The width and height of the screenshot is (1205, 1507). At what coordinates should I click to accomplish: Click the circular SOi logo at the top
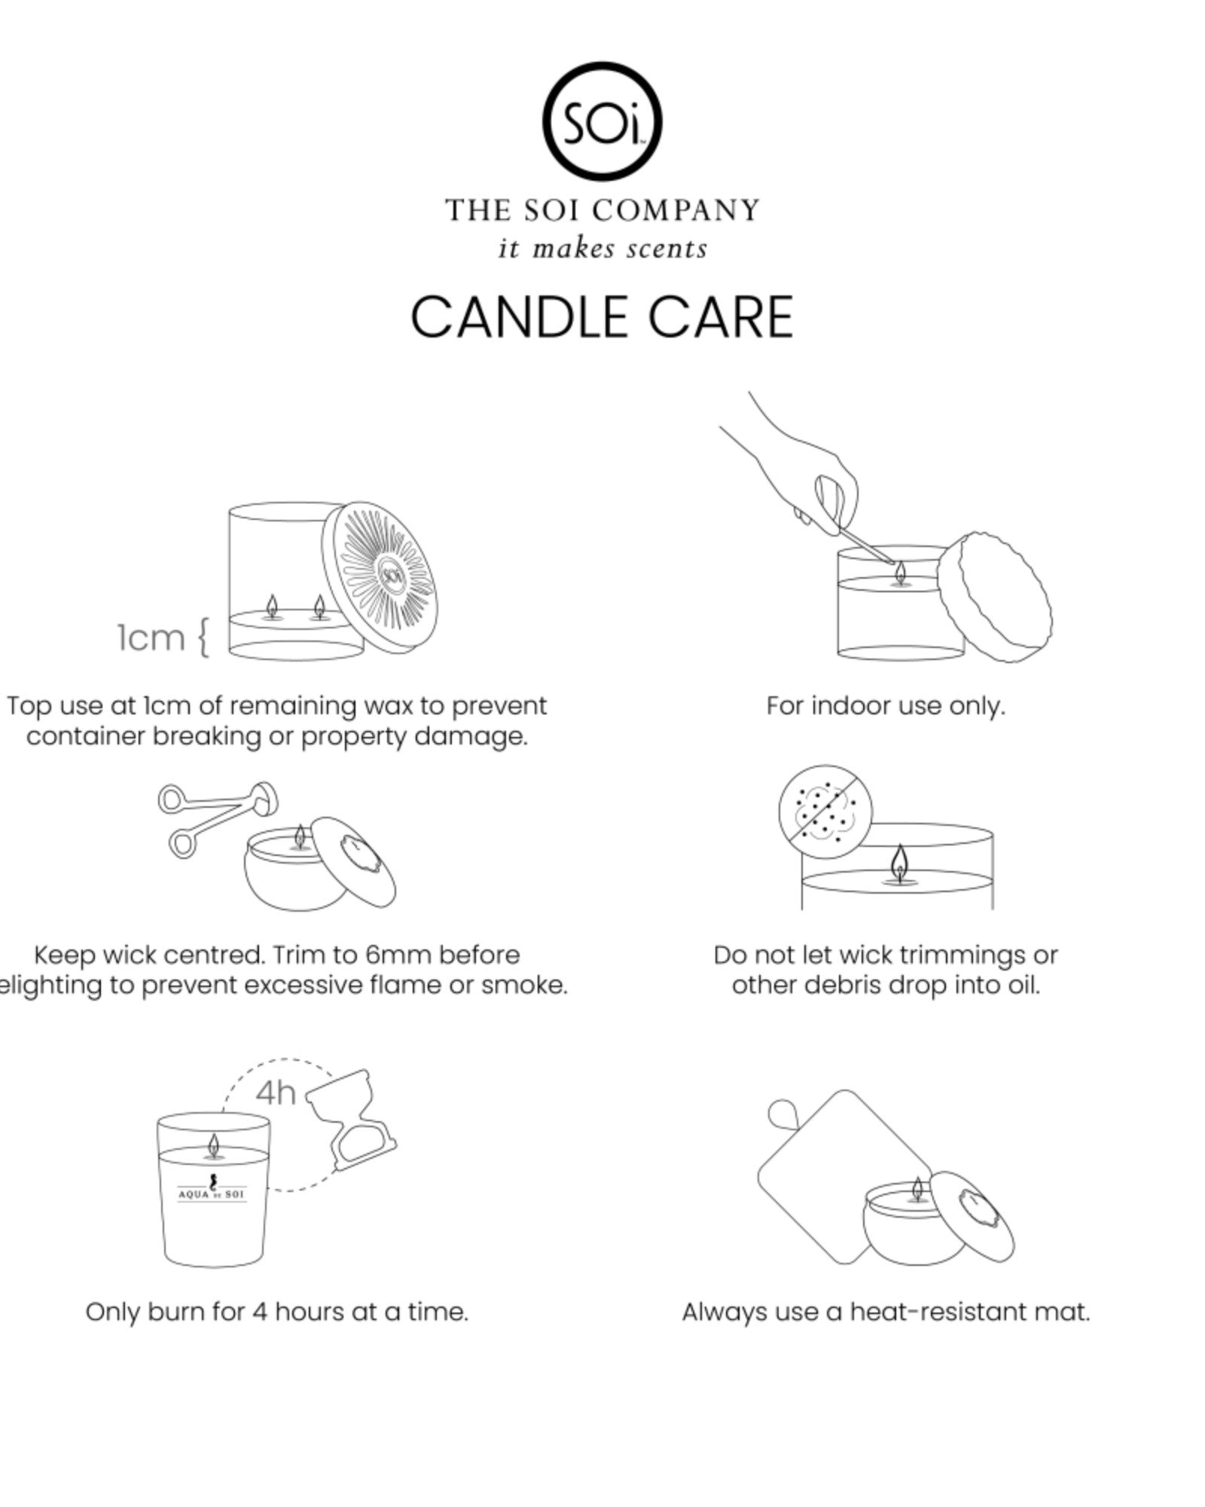tap(602, 121)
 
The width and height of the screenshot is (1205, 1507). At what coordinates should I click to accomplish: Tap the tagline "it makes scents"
tap(602, 249)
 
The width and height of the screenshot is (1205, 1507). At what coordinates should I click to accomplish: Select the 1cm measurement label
tap(151, 637)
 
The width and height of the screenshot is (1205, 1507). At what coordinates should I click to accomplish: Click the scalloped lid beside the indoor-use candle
tap(994, 597)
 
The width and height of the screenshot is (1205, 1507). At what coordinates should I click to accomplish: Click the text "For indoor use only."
tap(886, 706)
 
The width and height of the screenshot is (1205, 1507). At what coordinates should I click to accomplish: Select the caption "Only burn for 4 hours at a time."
tap(276, 1312)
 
